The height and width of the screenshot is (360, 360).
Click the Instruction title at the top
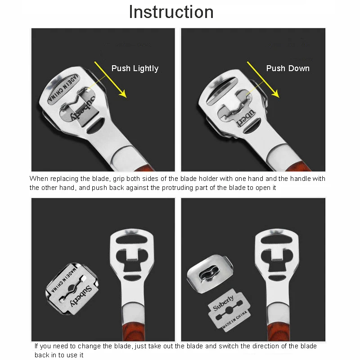[171, 12]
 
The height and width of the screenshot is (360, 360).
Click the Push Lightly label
[135, 68]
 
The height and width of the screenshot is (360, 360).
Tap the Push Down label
[288, 68]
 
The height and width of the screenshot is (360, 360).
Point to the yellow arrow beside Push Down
[263, 79]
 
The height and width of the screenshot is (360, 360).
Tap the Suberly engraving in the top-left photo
[87, 108]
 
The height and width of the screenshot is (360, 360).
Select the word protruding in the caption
[188, 188]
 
